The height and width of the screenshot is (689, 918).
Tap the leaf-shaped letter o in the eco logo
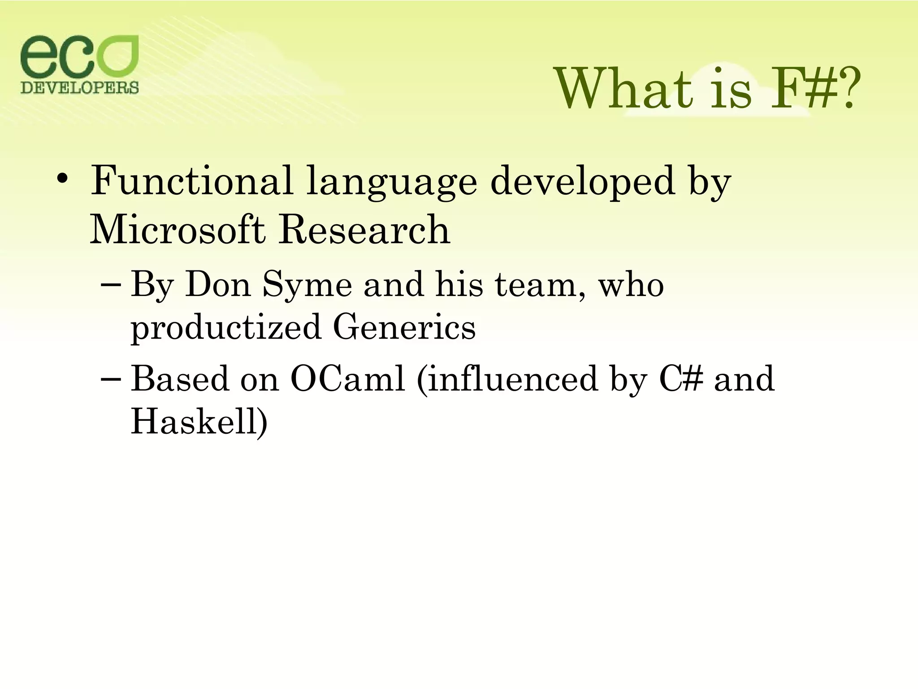[118, 57]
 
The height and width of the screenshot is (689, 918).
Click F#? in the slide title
[815, 89]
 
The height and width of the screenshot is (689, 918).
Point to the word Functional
[192, 181]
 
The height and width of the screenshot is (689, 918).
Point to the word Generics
[404, 327]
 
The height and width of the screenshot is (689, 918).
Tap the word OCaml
[347, 379]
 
